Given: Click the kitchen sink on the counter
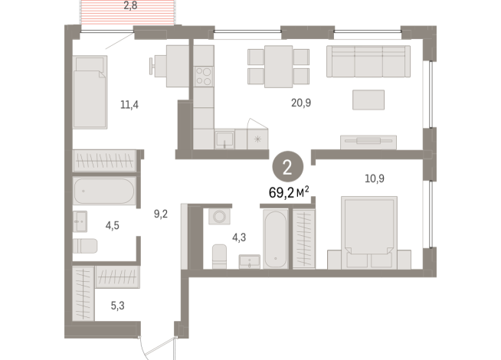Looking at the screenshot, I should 224,139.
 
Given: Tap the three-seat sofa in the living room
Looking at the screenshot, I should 368,61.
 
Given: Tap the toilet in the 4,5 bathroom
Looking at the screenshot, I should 86,246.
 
